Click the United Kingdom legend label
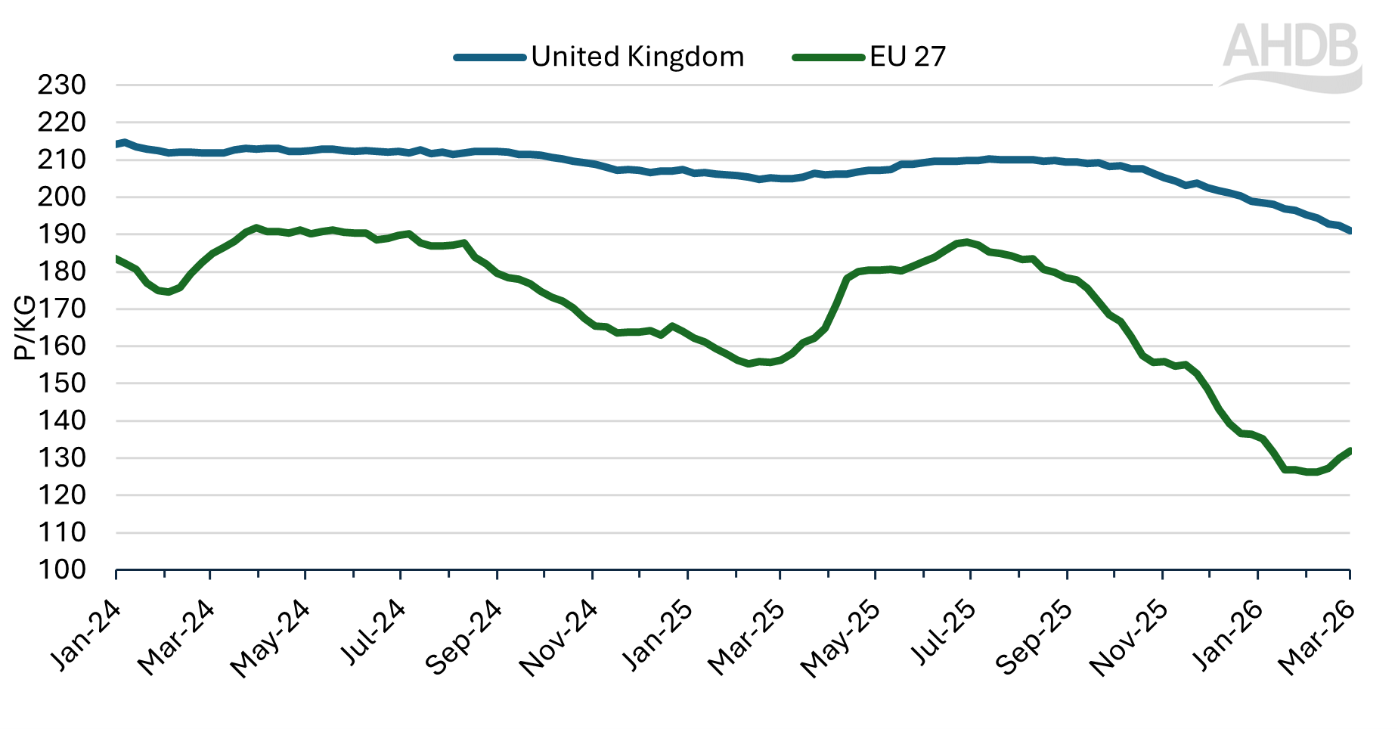pyautogui.click(x=637, y=57)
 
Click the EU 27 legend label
pyautogui.click(x=907, y=57)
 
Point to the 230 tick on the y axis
pyautogui.click(x=62, y=85)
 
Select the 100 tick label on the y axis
pyautogui.click(x=62, y=569)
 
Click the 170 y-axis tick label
pyautogui.click(x=62, y=309)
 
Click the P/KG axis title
pyautogui.click(x=24, y=327)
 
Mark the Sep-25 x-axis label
pyautogui.click(x=1034, y=636)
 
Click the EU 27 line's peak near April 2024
pyautogui.click(x=256, y=228)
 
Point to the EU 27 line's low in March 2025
pyautogui.click(x=749, y=364)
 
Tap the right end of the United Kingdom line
pyautogui.click(x=1350, y=231)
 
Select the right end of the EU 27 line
pyautogui.click(x=1350, y=451)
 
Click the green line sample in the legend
pyautogui.click(x=828, y=57)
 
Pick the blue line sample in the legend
pyautogui.click(x=490, y=57)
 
